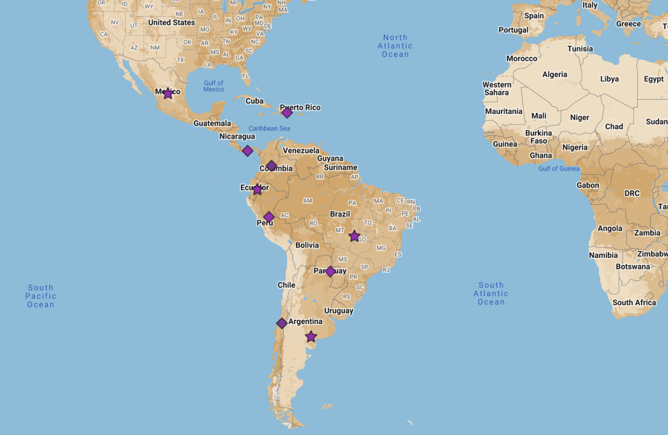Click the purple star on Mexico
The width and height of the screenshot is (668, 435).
(168, 93)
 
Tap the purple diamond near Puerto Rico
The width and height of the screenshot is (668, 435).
(287, 113)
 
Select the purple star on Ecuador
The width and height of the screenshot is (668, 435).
(257, 189)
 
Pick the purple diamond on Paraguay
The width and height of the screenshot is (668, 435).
(330, 271)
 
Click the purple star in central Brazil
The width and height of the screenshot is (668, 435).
(354, 236)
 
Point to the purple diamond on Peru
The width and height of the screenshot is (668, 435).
(269, 217)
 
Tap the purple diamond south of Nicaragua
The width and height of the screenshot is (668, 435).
(248, 151)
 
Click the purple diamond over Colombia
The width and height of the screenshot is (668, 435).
(271, 166)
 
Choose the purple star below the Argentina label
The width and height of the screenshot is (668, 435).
(311, 337)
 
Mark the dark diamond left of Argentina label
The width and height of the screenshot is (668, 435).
(282, 323)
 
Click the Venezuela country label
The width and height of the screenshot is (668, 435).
(301, 150)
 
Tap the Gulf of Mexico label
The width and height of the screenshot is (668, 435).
(214, 86)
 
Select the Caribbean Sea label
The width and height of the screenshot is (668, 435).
(269, 128)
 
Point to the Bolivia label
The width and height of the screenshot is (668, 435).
(307, 245)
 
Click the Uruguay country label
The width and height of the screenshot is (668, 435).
(339, 311)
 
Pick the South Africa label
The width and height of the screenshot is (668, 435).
(634, 302)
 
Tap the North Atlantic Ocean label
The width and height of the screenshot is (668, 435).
(395, 46)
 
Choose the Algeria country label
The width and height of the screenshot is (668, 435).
(555, 75)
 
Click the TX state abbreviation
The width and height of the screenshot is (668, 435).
(180, 60)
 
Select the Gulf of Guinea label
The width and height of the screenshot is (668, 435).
(559, 169)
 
